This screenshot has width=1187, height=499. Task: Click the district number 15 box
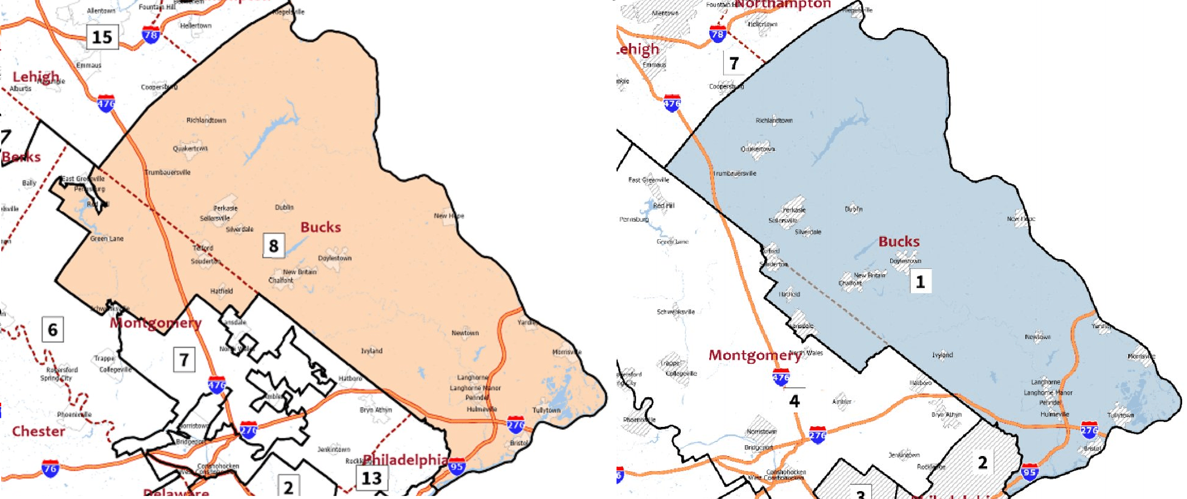(102, 38)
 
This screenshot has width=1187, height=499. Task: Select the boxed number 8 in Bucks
(274, 246)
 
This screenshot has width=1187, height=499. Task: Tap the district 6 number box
(53, 330)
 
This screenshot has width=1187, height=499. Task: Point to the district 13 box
(371, 478)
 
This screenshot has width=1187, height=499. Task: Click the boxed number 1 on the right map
(921, 282)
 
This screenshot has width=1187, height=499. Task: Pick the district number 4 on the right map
(795, 401)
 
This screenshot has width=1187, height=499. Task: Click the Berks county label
(21, 157)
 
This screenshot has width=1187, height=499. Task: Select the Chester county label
(38, 431)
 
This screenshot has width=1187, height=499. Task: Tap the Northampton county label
(783, 5)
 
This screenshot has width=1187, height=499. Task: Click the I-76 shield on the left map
(50, 468)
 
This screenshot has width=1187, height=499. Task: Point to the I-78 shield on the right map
(718, 34)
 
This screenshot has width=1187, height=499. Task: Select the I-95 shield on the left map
(457, 466)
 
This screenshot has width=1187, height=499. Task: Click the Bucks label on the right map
(899, 242)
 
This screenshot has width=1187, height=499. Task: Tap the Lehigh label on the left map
(36, 77)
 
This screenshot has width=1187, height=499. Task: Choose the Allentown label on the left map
(101, 11)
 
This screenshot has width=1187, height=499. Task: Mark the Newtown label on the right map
(1037, 337)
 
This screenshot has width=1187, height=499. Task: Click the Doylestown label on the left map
(334, 258)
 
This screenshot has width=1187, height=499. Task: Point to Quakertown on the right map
(758, 149)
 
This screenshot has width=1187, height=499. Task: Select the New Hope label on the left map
(449, 216)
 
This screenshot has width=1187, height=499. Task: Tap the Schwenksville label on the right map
(676, 312)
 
